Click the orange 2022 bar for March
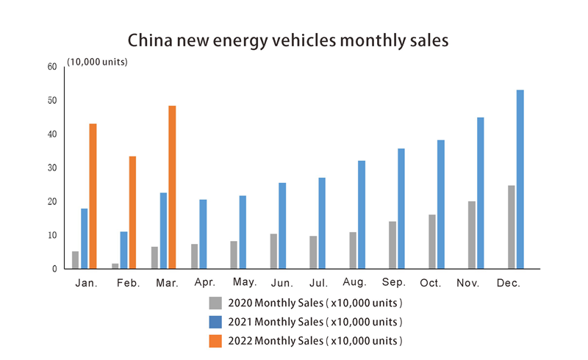[x=172, y=187]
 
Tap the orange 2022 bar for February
[x=132, y=212]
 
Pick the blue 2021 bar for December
[x=520, y=179]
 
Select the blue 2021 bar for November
[x=480, y=193]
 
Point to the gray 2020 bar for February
[x=115, y=266]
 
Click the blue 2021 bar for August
[x=362, y=215]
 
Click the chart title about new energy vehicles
[x=287, y=40]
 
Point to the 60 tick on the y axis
[x=51, y=67]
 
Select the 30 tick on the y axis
[x=51, y=168]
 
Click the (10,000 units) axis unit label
[x=98, y=62]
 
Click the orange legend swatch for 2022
[x=215, y=340]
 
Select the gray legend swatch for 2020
[x=215, y=303]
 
